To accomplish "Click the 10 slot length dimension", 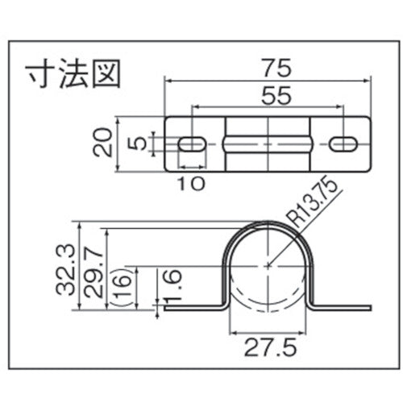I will click(191, 183).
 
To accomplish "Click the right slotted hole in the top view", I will click(343, 143).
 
